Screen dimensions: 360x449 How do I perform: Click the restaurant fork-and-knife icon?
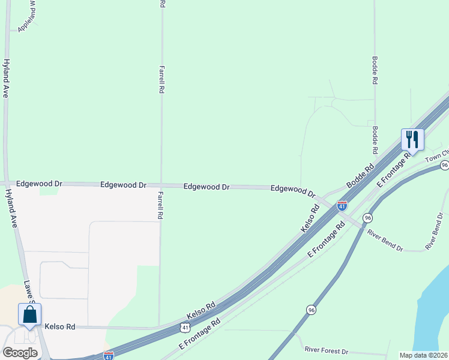[412, 140]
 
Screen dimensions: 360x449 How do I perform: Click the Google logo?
[20, 353]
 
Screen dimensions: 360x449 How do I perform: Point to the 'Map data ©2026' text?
[424, 355]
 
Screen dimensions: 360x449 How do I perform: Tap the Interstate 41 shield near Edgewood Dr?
[342, 205]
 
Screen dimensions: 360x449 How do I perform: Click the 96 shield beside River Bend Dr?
[367, 217]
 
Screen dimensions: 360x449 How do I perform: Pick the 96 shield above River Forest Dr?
[310, 310]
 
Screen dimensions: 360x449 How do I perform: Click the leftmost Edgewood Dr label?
[40, 183]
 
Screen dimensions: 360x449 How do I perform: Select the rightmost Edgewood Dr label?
[293, 190]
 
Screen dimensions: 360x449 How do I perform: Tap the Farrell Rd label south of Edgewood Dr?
[160, 205]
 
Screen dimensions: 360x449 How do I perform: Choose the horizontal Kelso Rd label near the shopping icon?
[59, 327]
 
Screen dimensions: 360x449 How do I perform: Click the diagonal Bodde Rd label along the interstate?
[361, 175]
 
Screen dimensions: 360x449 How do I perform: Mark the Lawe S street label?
[29, 291]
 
